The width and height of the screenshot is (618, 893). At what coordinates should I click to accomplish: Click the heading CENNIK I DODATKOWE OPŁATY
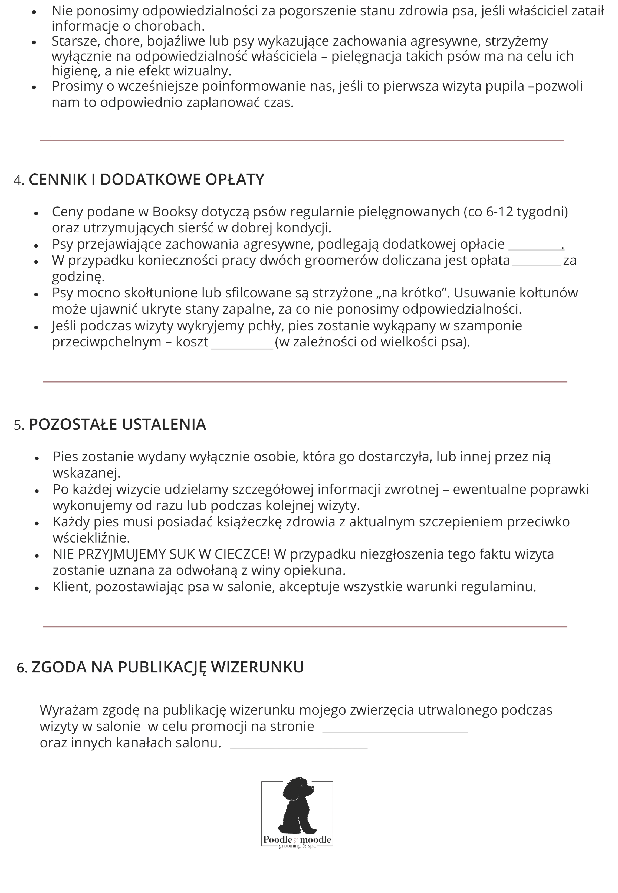(146, 180)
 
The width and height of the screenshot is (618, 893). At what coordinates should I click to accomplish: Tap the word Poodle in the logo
(278, 840)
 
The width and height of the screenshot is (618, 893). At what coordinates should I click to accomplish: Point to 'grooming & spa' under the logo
(297, 846)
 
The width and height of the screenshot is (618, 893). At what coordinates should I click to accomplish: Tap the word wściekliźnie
(91, 538)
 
